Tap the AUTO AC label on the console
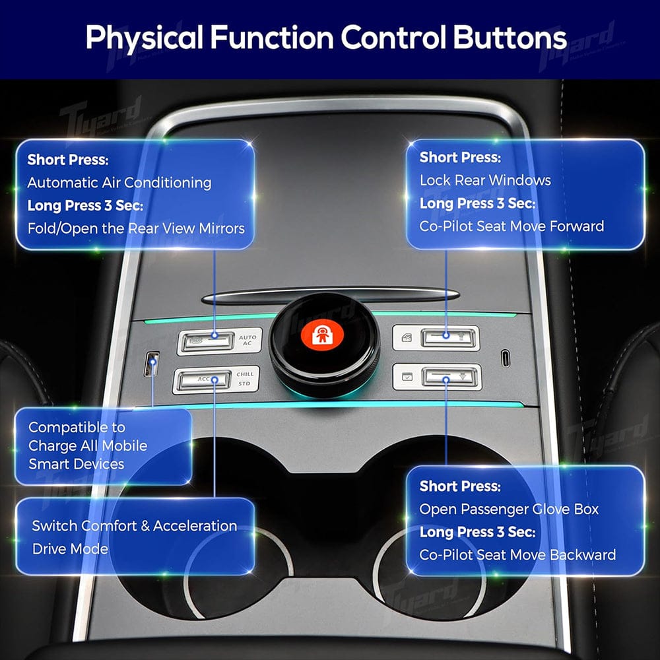[248, 341]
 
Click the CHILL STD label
[245, 379]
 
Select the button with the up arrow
[446, 337]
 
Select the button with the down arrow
[446, 377]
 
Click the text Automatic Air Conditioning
[119, 182]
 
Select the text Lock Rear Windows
[485, 180]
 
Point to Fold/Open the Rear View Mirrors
[136, 228]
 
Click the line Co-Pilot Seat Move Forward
[511, 226]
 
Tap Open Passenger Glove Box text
[509, 509]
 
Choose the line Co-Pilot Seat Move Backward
[517, 554]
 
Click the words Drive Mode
[70, 548]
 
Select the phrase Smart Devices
[76, 464]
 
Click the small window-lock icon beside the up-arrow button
[405, 339]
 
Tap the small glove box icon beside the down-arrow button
[405, 378]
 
